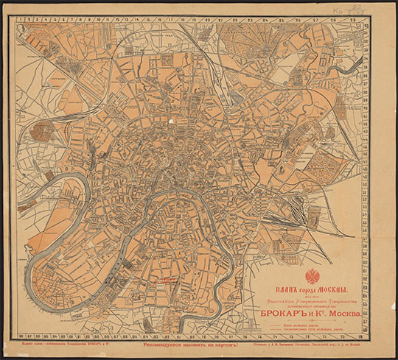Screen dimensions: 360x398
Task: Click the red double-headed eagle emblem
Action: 313,278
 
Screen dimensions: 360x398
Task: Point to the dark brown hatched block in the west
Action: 43,133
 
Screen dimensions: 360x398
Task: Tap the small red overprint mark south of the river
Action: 171,280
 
